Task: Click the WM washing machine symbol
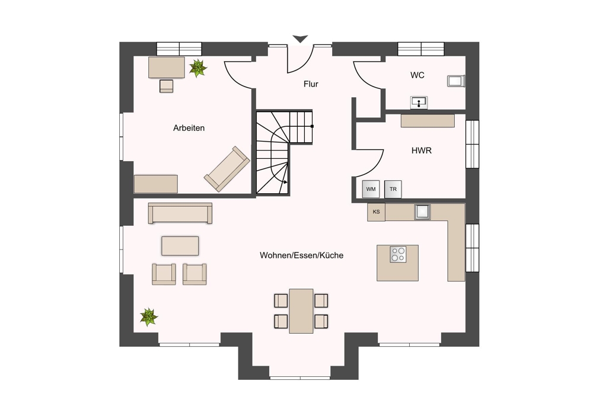[x=371, y=189]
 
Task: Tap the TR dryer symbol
[x=393, y=189]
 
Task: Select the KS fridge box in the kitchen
[x=377, y=212]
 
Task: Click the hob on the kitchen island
[x=398, y=254]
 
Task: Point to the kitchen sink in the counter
[x=422, y=212]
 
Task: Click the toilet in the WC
[x=455, y=81]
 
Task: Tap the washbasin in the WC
[x=419, y=103]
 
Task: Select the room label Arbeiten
[x=189, y=128]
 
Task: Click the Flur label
[x=311, y=84]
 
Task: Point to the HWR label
[x=421, y=151]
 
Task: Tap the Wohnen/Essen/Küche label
[x=301, y=255]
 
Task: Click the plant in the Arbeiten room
[x=198, y=68]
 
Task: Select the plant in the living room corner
[x=149, y=317]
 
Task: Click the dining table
[x=301, y=311]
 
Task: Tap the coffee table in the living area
[x=180, y=246]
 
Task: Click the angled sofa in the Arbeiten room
[x=227, y=169]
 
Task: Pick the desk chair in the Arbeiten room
[x=167, y=86]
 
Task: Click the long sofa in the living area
[x=180, y=213]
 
